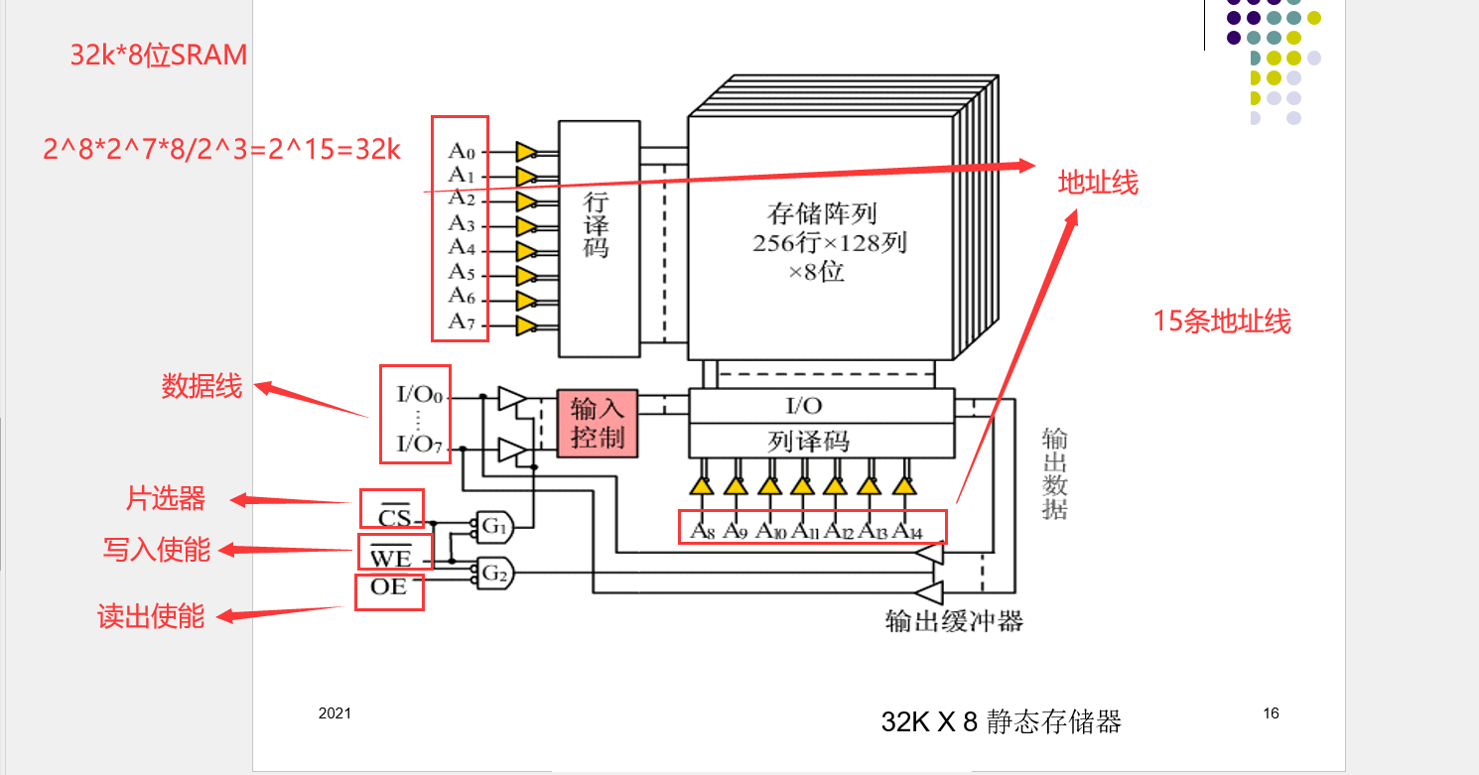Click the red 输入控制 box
pos(597,422)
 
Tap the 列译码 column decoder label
pos(809,440)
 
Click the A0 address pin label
pos(462,151)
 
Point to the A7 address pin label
pos(462,321)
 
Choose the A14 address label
pos(906,530)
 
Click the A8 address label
pos(703,530)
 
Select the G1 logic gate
pos(493,527)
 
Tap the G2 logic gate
pos(493,572)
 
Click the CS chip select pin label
pos(394,517)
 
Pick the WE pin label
pos(390,559)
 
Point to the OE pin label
pos(389,586)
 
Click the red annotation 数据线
pos(202,386)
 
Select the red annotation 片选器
pos(165,498)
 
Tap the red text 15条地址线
pos(1221,322)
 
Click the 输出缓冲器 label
pos(953,621)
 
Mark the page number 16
pos(1272,712)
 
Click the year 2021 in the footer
pos(335,713)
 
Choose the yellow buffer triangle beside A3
pos(526,226)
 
